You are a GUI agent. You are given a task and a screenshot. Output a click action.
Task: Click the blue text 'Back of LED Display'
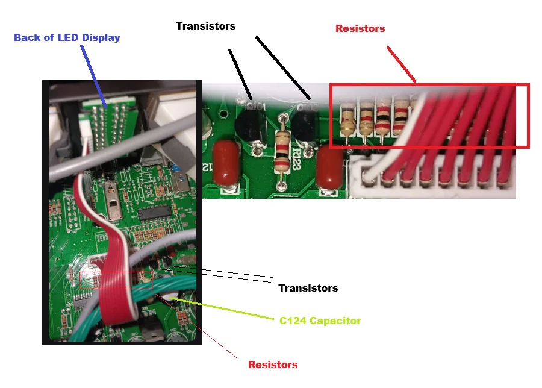67,38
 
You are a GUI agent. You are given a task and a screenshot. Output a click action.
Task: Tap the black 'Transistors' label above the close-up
206,27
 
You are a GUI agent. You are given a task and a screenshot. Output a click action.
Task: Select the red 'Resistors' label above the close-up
360,28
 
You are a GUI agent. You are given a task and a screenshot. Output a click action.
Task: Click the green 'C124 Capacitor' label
320,321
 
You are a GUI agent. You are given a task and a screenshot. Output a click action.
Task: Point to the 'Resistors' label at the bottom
273,365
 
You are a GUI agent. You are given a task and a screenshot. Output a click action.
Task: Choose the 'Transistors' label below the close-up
308,288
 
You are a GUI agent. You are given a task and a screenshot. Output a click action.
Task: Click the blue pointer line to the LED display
94,77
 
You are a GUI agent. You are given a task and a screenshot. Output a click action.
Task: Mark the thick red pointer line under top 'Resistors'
401,64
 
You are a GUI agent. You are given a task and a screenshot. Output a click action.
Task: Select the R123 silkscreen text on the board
296,158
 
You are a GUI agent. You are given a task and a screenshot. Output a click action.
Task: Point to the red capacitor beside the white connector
330,169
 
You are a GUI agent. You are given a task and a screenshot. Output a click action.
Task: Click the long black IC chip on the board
155,213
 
